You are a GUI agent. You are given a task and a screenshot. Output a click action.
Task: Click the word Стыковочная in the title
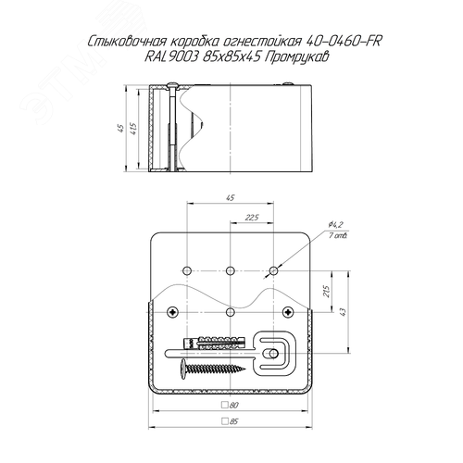[127, 42]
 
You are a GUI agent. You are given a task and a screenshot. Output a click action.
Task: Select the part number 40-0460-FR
[343, 42]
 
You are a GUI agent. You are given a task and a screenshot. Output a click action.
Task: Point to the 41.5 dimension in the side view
[133, 129]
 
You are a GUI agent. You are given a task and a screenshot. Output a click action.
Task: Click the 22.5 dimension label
[252, 218]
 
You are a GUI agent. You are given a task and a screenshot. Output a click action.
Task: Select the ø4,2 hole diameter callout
[336, 224]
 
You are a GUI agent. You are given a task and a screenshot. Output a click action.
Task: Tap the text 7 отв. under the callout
[338, 236]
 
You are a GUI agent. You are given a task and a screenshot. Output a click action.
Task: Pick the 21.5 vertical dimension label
[326, 292]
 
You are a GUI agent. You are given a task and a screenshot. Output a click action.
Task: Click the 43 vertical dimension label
[343, 312]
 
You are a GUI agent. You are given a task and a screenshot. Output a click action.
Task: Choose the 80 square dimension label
[231, 405]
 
